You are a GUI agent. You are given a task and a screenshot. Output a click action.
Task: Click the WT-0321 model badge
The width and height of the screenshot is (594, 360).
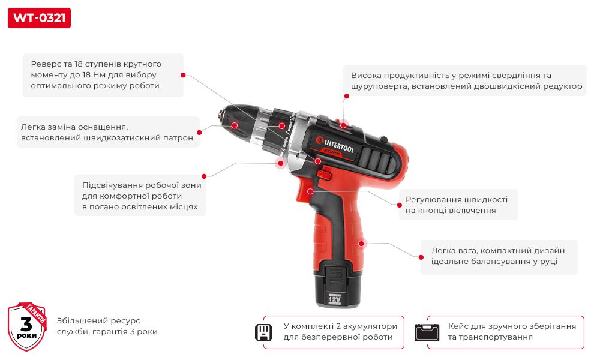(39, 18)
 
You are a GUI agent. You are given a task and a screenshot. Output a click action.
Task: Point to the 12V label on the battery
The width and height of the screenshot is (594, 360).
(335, 299)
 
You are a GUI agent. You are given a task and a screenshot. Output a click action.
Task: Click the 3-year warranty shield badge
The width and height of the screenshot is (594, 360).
(27, 326)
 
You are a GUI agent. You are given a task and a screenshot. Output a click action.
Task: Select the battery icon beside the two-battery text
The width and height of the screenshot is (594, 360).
(263, 332)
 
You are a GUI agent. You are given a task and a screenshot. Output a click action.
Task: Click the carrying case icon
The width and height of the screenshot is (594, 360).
(427, 332)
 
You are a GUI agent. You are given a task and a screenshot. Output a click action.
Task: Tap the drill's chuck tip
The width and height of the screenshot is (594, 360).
(220, 114)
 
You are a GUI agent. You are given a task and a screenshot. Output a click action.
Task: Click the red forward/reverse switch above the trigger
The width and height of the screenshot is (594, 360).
(324, 175)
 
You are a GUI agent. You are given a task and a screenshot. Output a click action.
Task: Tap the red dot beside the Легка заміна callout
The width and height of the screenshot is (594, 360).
(199, 132)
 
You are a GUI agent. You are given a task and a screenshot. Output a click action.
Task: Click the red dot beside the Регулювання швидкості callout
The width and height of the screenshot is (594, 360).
(399, 205)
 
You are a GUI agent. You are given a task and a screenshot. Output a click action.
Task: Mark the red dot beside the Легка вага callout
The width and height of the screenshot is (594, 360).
(421, 257)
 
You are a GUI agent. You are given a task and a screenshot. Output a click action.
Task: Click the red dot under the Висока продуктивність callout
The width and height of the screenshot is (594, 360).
(346, 96)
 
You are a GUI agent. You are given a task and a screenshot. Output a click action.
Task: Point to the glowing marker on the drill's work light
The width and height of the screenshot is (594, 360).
(281, 163)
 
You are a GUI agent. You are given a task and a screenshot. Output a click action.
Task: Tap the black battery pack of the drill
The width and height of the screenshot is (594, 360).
(337, 283)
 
